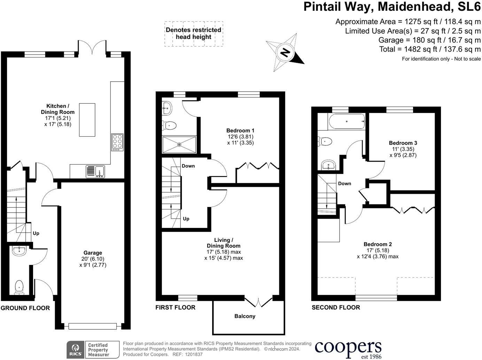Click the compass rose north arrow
[285, 53]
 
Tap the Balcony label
[244, 316]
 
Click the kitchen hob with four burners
[117, 142]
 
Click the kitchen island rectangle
[87, 120]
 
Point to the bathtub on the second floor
[346, 121]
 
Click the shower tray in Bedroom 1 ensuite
[179, 144]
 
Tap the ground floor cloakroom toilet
[19, 287]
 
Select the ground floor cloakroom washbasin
[18, 251]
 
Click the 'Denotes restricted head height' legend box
[194, 33]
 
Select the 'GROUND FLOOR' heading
[25, 308]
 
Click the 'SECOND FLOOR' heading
[336, 307]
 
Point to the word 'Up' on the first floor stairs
[186, 219]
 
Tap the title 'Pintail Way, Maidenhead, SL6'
[392, 7]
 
